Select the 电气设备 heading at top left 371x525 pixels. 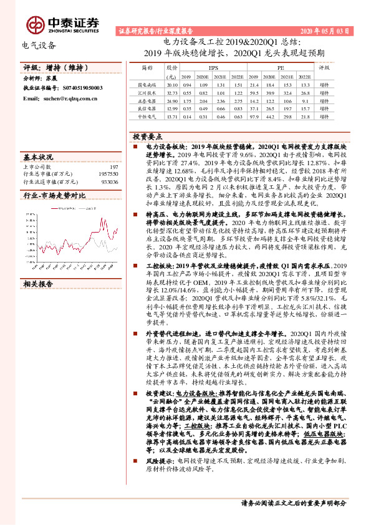39,45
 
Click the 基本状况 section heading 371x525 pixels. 38,156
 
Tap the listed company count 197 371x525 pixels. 113,166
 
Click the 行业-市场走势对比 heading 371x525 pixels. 54,195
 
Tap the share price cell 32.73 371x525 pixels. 173,91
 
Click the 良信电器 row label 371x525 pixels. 147,107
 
